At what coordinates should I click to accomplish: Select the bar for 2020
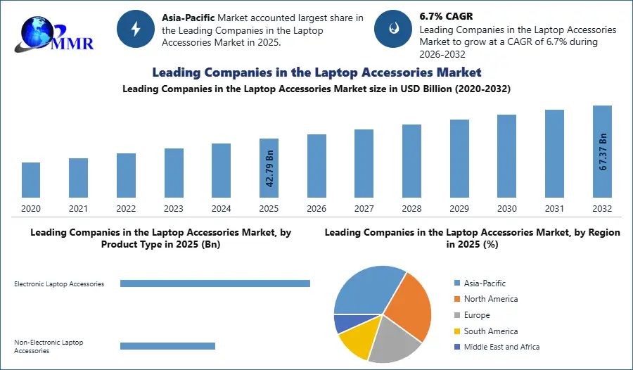31,180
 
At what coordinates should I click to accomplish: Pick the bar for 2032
603,151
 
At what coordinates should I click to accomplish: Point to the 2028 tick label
412,209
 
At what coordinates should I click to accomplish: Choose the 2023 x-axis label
174,209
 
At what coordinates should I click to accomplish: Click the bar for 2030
507,155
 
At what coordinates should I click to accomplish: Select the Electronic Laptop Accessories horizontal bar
215,283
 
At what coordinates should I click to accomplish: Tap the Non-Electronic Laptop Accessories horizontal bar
167,346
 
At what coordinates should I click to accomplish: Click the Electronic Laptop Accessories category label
59,284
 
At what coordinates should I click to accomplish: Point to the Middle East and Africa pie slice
344,323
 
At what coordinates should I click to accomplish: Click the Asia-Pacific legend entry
485,283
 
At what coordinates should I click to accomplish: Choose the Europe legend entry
477,315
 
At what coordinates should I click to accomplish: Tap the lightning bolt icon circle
136,29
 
